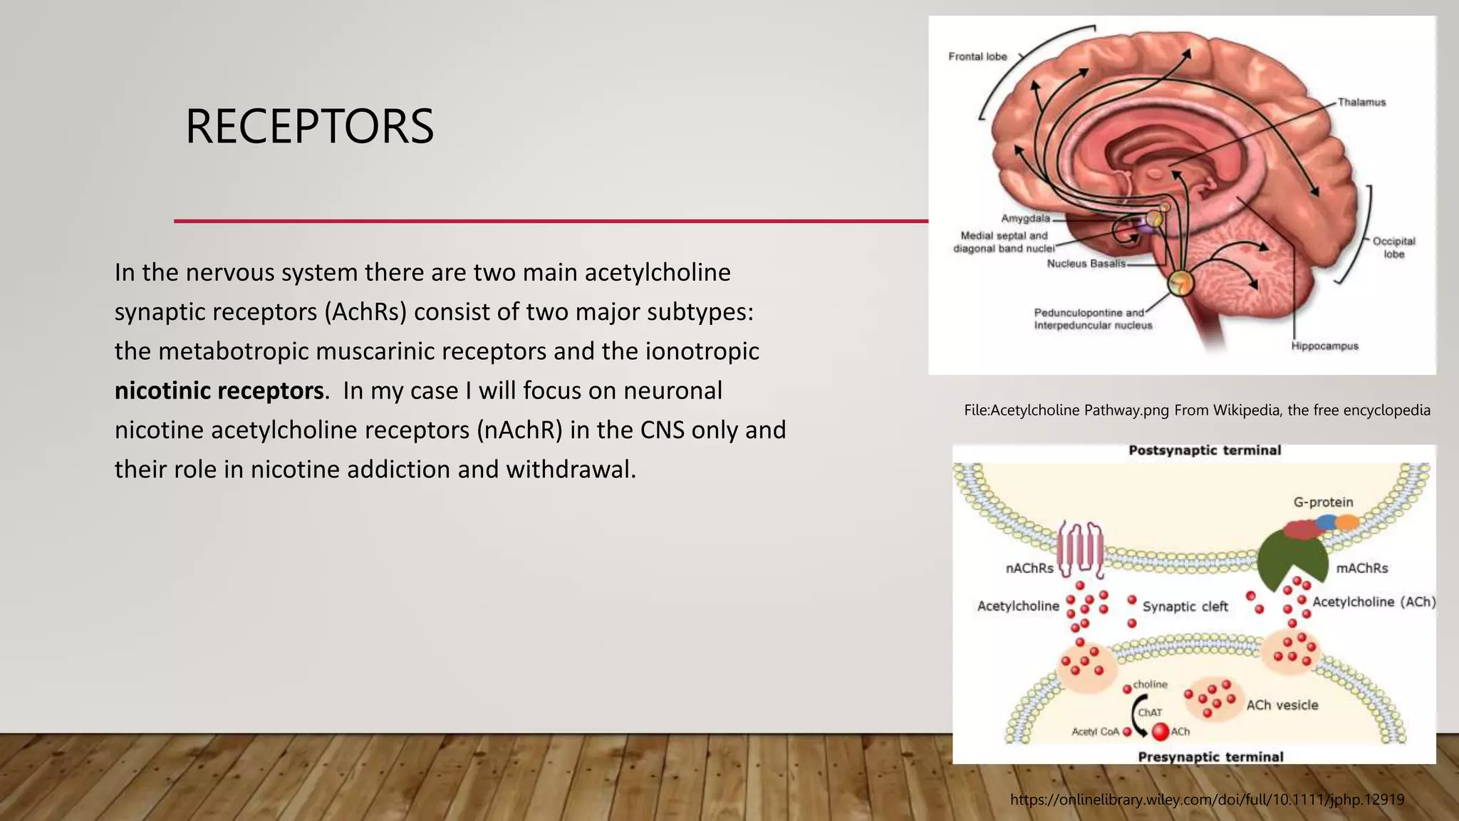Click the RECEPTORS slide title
click(309, 127)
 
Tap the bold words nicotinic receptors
click(219, 391)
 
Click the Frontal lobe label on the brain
click(977, 56)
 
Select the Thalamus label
click(1361, 102)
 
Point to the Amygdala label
click(1025, 218)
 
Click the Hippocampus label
click(1324, 346)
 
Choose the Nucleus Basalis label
click(1086, 263)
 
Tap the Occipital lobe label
click(1393, 247)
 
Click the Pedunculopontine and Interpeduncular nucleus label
click(1092, 319)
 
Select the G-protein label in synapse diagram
click(1323, 502)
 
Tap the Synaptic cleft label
click(1185, 606)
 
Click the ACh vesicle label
click(1282, 705)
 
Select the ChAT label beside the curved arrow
click(1150, 712)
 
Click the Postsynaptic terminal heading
click(1205, 450)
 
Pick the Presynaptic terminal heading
click(1210, 756)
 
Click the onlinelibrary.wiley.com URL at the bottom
click(1207, 800)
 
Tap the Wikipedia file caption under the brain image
click(1197, 410)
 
